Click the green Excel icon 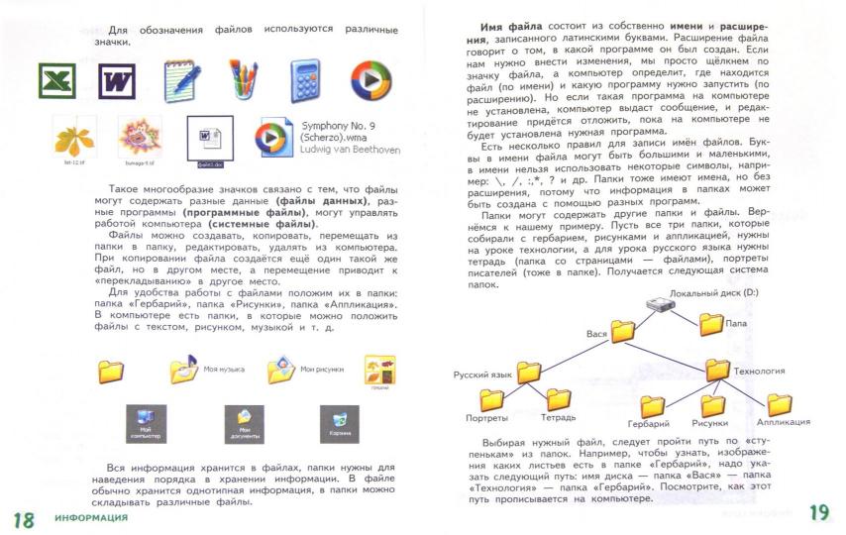click(x=56, y=78)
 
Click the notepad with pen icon click(x=182, y=78)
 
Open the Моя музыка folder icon click(x=185, y=371)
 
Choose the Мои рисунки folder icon click(x=283, y=371)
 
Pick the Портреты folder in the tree click(x=492, y=399)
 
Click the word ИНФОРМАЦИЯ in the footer click(x=91, y=518)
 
